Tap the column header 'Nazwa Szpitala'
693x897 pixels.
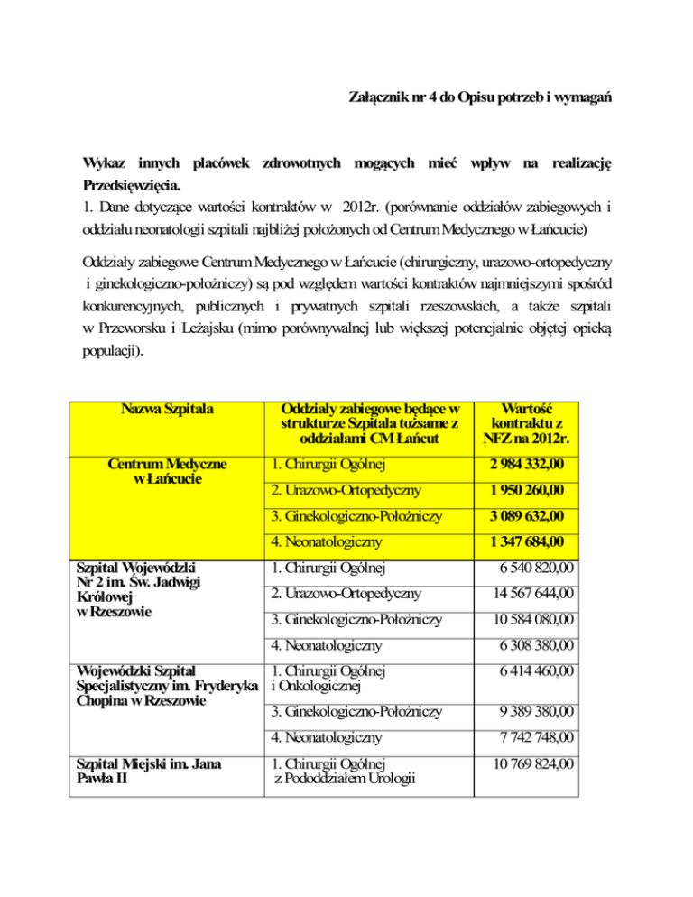[x=161, y=409]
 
